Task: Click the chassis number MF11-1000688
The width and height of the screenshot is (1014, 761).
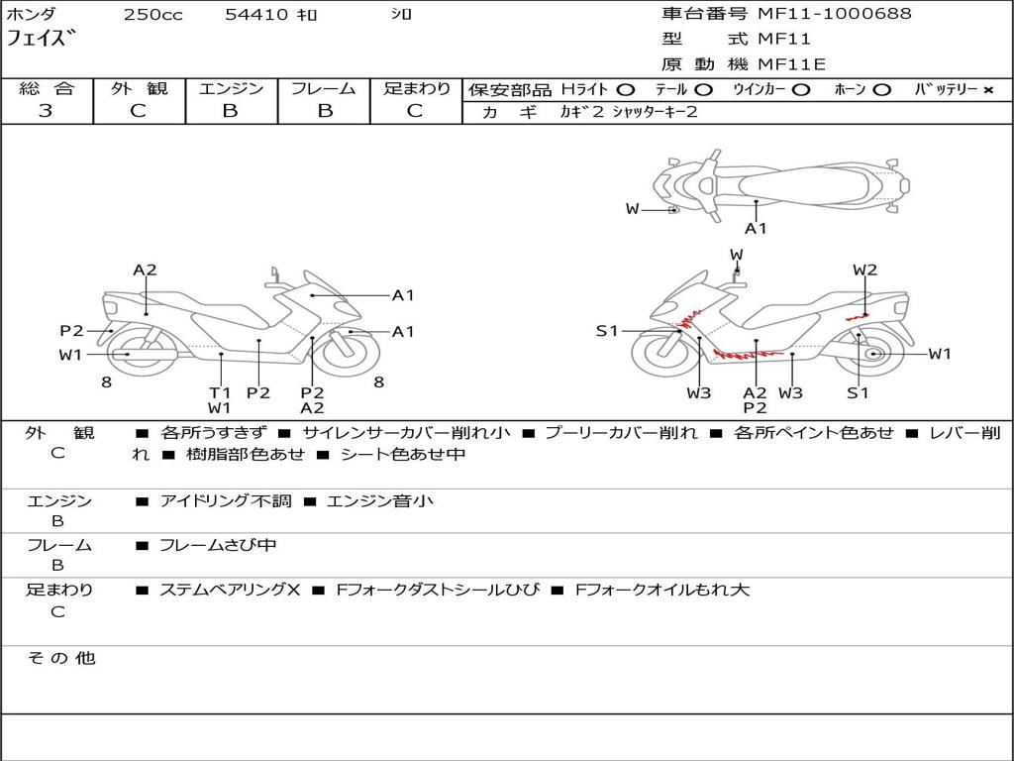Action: pyautogui.click(x=835, y=14)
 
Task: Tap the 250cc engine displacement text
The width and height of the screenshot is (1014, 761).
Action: pyautogui.click(x=153, y=15)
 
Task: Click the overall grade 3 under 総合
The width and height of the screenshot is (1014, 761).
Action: pyautogui.click(x=46, y=111)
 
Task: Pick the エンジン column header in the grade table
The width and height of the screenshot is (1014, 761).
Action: pyautogui.click(x=231, y=88)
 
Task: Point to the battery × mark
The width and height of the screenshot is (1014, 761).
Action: pyautogui.click(x=988, y=90)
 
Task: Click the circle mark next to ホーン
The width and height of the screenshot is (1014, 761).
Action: pyautogui.click(x=881, y=90)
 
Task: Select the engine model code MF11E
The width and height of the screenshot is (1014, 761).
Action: pyautogui.click(x=792, y=64)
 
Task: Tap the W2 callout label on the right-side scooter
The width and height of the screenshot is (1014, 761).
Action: pyautogui.click(x=864, y=270)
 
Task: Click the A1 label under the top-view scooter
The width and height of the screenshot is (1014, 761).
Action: pyautogui.click(x=756, y=229)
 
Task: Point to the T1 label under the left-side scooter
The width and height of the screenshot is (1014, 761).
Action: pyautogui.click(x=220, y=392)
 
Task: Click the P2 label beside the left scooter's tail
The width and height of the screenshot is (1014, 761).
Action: pyautogui.click(x=71, y=331)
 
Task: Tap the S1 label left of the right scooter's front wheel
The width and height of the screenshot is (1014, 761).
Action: pyautogui.click(x=607, y=331)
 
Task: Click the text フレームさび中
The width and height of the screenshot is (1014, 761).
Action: pyautogui.click(x=218, y=546)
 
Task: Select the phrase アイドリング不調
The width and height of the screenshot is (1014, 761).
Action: pyautogui.click(x=226, y=501)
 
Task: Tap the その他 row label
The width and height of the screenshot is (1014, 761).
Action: pyautogui.click(x=61, y=658)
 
